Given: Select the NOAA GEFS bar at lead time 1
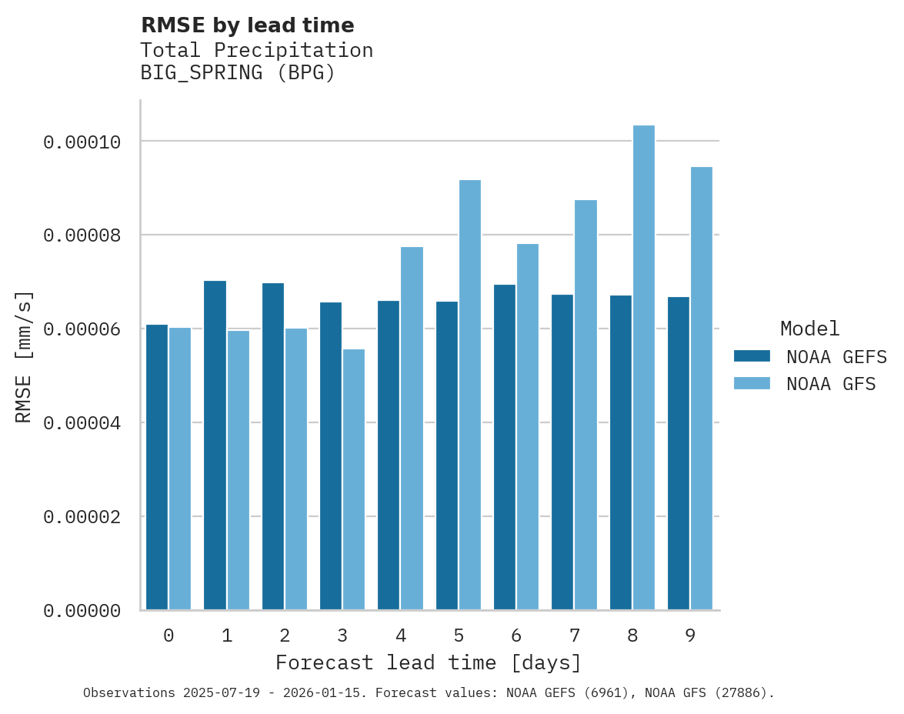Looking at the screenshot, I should click(x=215, y=445).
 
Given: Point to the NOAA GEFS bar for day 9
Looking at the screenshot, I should click(x=679, y=453).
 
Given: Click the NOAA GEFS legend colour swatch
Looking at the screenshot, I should click(x=752, y=356).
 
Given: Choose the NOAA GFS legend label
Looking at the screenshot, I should click(x=831, y=384).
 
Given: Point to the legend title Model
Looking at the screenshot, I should click(x=809, y=329).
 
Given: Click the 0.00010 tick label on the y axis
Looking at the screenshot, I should click(x=82, y=142).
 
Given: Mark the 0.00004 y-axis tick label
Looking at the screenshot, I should click(x=82, y=423).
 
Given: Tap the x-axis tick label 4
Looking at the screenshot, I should click(x=401, y=636).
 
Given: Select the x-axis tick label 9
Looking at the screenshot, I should click(x=690, y=636).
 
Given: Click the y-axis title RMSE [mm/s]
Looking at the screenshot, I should click(x=24, y=356).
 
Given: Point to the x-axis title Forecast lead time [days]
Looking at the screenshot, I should click(x=429, y=662).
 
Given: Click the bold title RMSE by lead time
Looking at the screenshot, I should click(x=247, y=25).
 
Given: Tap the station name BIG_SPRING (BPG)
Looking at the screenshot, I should click(x=238, y=74).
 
